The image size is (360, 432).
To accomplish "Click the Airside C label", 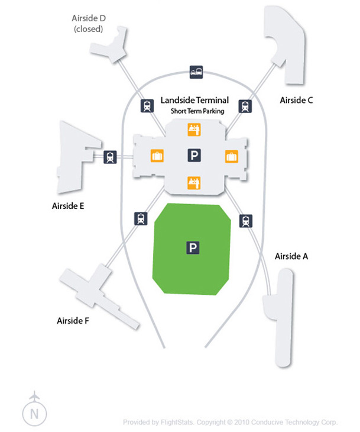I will pos(296,101).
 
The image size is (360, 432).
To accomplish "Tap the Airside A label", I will pos(291,257).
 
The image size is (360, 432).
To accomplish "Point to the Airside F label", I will pos(73,321).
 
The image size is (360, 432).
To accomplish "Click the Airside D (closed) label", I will pos(89,23).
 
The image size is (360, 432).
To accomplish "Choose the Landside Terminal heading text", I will pos(194,101).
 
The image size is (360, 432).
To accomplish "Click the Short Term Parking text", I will pos(194,111).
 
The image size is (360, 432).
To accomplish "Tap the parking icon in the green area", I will pos(193,247).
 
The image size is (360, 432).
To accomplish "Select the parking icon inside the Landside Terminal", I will pos(193,155).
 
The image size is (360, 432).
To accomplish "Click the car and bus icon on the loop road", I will pos(196,72).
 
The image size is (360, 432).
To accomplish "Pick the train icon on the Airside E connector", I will pos(110,157).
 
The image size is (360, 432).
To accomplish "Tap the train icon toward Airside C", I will pos(244,107).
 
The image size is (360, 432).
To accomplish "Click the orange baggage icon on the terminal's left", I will pos(157,156).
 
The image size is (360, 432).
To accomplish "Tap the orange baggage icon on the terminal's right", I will pos(231,156).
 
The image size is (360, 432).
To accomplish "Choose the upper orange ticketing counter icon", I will pos(193,128).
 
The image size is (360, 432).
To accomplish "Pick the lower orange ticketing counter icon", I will pos(193,182).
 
